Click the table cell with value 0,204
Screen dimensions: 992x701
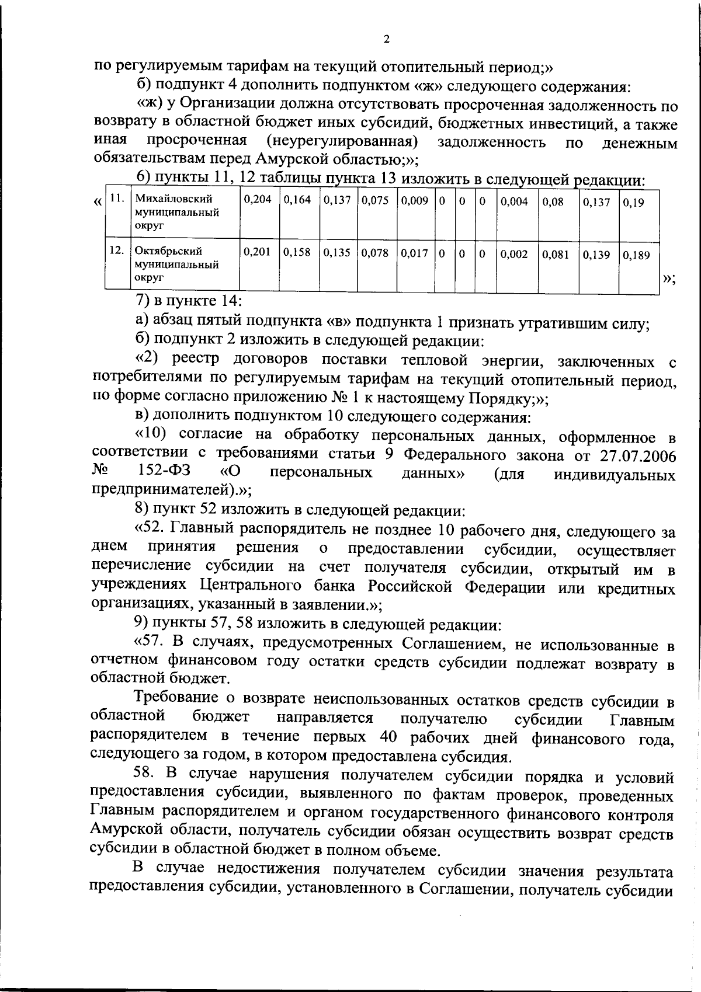click(258, 201)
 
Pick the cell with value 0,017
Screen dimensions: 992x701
click(414, 253)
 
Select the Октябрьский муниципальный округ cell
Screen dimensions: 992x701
click(177, 264)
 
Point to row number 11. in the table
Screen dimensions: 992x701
click(117, 199)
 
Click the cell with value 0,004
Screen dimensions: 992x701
click(515, 202)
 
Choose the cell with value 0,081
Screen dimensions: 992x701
click(556, 255)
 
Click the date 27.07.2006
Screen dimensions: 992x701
click(636, 455)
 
